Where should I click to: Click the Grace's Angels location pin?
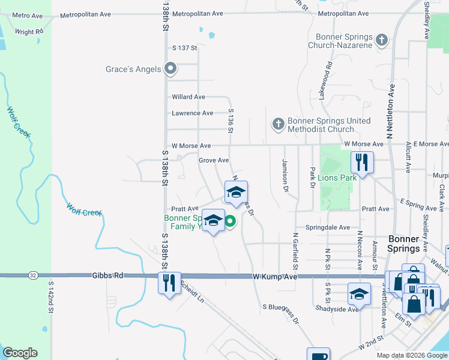click(x=170, y=68)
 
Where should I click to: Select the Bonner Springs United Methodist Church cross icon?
click(x=278, y=124)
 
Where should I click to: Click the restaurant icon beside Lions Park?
click(x=362, y=162)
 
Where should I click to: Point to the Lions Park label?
click(x=337, y=177)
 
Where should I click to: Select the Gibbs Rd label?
click(x=107, y=275)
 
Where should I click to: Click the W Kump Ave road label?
click(x=275, y=277)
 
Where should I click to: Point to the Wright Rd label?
click(x=29, y=32)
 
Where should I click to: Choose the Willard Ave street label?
click(x=188, y=97)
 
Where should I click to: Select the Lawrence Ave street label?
click(x=192, y=113)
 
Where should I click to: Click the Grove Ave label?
click(x=214, y=160)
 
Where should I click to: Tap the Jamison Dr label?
click(x=285, y=176)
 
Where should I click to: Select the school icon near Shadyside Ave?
click(x=359, y=294)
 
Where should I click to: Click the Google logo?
click(x=20, y=353)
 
